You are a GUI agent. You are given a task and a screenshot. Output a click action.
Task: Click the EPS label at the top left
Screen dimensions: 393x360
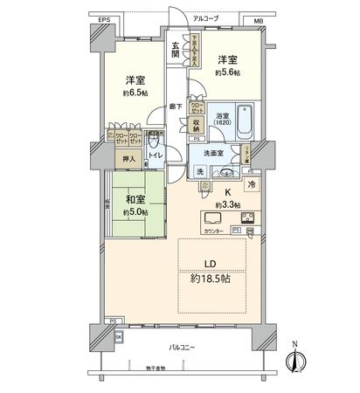(105, 18)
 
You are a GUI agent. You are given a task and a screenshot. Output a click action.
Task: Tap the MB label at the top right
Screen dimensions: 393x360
(258, 18)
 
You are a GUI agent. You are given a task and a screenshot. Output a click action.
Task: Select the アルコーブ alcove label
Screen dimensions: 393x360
(205, 18)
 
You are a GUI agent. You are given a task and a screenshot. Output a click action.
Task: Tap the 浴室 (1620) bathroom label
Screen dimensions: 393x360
(223, 120)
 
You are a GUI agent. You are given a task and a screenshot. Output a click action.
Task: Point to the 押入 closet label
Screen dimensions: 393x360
(126, 160)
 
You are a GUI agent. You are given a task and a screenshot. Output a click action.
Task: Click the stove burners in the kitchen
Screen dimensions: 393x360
(246, 219)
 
